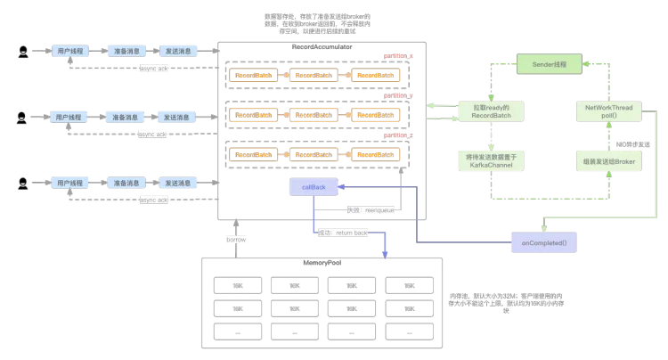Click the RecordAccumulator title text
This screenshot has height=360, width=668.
[x=322, y=45]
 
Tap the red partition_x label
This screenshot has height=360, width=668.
[x=398, y=56]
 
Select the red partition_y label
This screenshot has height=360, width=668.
[x=398, y=95]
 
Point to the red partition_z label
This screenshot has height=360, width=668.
[x=398, y=135]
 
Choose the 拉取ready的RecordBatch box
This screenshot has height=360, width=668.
[x=491, y=111]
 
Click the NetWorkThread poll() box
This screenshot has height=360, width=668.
[x=608, y=111]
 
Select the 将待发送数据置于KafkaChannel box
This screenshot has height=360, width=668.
[x=491, y=161]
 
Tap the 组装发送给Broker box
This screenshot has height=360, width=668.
[x=608, y=162]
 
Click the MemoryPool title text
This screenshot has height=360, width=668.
[x=322, y=264]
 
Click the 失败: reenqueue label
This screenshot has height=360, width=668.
[x=367, y=210]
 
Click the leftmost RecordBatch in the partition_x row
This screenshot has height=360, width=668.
[x=254, y=76]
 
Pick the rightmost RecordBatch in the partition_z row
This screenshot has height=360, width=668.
[x=375, y=155]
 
